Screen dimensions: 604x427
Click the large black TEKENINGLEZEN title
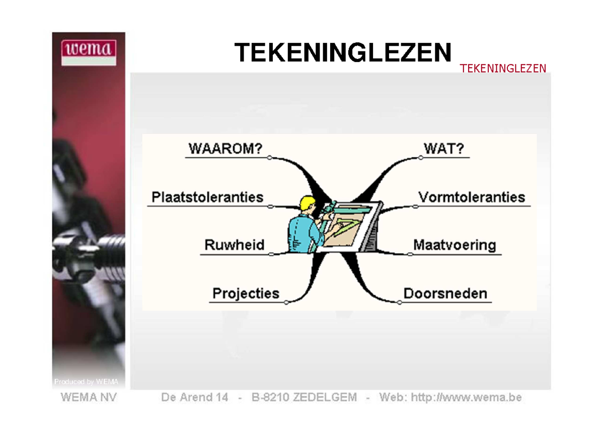click(x=343, y=52)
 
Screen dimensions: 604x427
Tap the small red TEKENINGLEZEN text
click(x=503, y=68)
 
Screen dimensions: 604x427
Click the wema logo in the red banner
click(x=89, y=52)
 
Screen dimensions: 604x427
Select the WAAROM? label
click(x=225, y=149)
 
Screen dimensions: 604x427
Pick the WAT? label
click(x=444, y=149)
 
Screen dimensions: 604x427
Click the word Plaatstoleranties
click(x=207, y=197)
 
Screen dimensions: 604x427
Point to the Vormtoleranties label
click(x=472, y=197)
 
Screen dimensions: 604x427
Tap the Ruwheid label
click(x=235, y=245)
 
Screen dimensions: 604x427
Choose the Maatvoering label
click(x=455, y=245)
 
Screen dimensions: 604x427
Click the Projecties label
click(x=246, y=294)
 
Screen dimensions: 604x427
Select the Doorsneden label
click(x=445, y=294)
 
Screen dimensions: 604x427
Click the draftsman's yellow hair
click(x=307, y=203)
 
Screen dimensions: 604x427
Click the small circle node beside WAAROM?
click(x=269, y=158)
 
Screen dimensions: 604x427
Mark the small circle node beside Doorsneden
click(x=400, y=303)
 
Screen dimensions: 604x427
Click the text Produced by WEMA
click(x=86, y=382)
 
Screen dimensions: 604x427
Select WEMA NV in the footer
click(x=89, y=397)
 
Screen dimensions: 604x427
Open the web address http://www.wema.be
click(x=466, y=397)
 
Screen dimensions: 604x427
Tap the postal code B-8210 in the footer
click(x=270, y=397)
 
